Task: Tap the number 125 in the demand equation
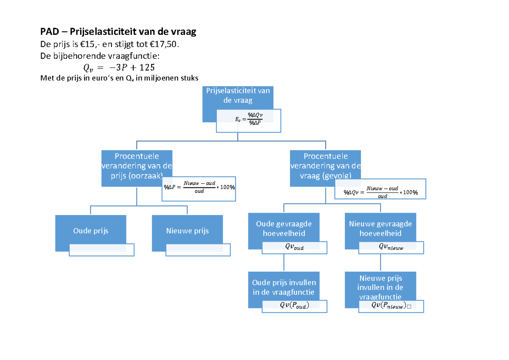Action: [143, 67]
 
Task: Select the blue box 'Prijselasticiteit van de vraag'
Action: [238, 96]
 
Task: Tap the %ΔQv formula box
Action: [380, 189]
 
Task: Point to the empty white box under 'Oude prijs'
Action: [102, 249]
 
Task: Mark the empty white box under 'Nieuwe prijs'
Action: [199, 249]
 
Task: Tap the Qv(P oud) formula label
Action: [294, 306]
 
